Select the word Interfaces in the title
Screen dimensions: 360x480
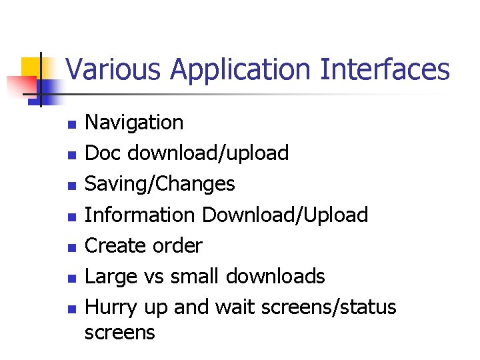coord(385,69)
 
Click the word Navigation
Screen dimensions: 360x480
coord(134,123)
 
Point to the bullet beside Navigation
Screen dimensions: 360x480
coord(71,124)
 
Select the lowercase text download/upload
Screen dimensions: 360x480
coord(208,153)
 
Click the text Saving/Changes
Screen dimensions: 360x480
coord(160,184)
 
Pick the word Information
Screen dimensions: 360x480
coord(140,215)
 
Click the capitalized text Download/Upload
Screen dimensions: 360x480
coord(285,215)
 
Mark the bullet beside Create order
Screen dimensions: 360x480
coord(71,247)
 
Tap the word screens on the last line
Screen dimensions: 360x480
coord(120,332)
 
